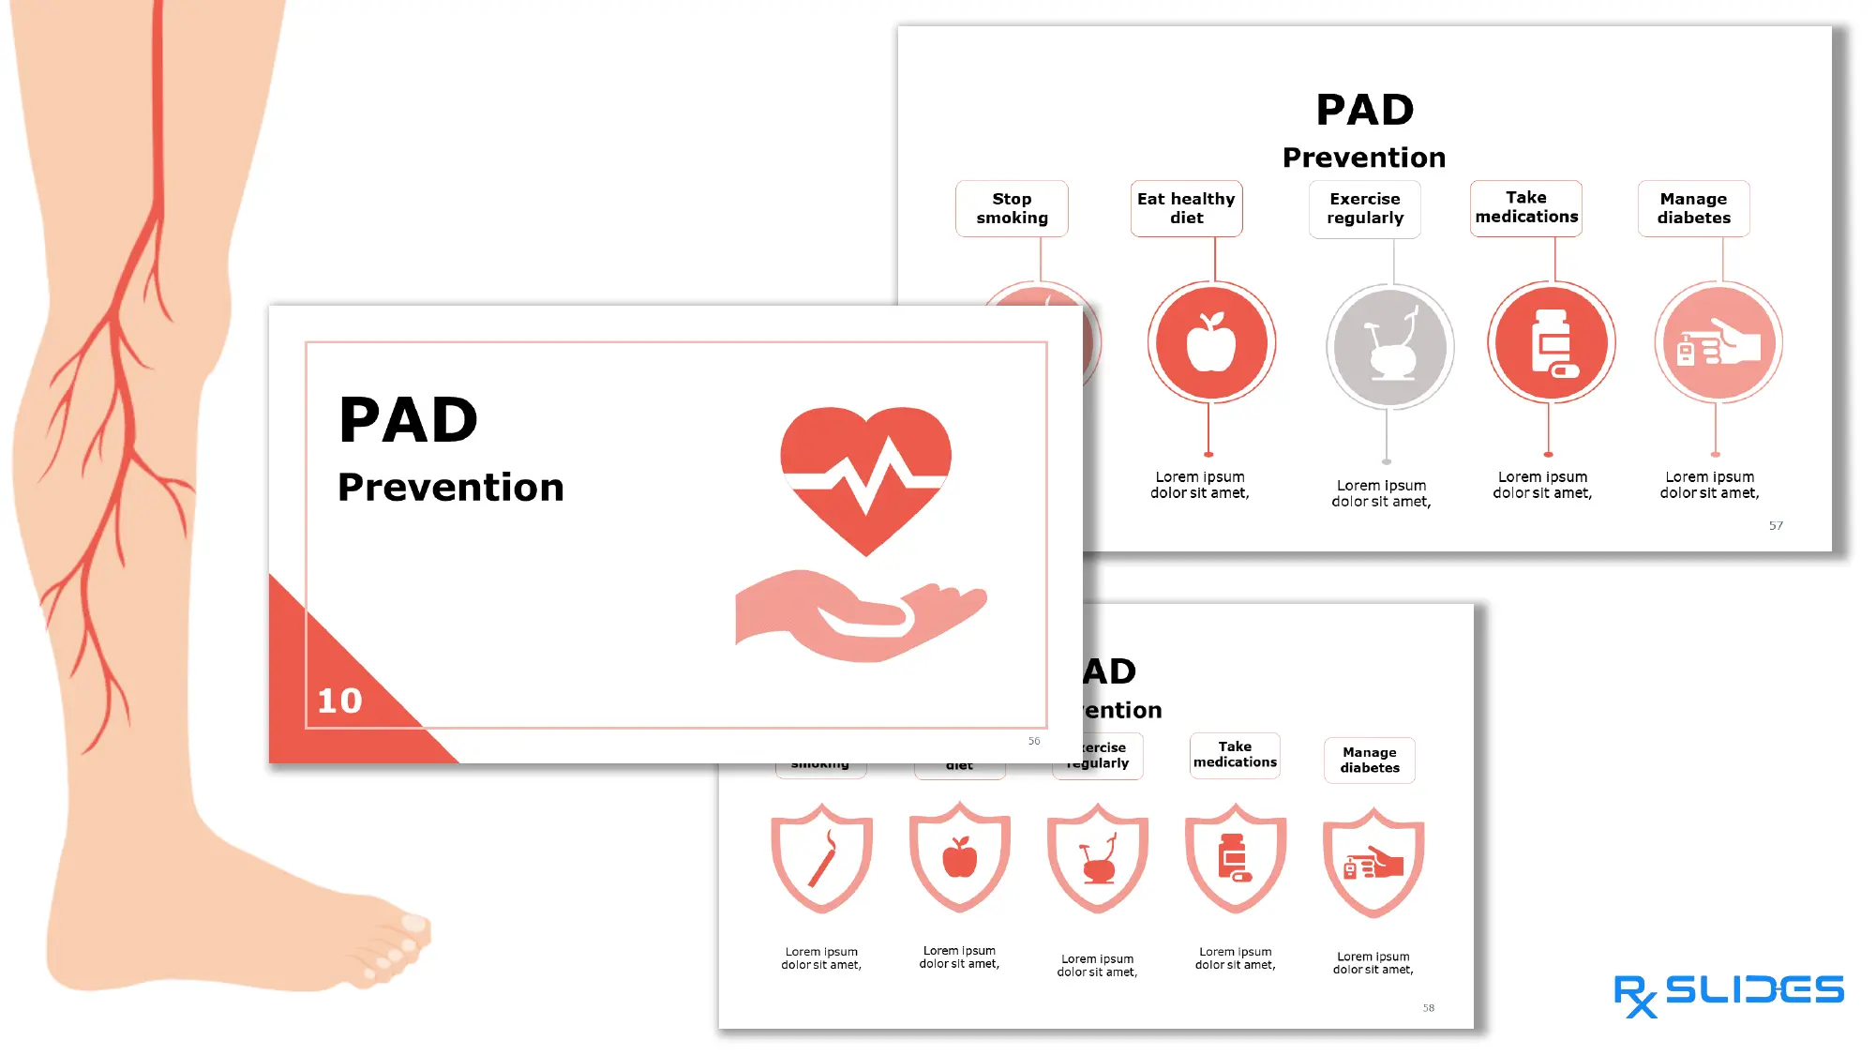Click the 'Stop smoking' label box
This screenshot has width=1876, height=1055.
click(1012, 208)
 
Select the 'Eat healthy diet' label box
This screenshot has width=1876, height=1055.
click(1186, 208)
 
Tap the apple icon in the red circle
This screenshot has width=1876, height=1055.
click(1211, 342)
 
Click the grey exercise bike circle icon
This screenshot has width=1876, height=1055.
click(1389, 347)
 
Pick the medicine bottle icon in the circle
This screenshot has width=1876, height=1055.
click(1552, 343)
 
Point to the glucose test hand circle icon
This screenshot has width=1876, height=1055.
click(1718, 343)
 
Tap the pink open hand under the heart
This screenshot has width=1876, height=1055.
click(858, 615)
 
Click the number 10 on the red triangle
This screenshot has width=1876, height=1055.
click(339, 701)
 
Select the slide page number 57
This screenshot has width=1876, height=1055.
click(1776, 526)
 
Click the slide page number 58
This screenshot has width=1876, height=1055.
click(1428, 1008)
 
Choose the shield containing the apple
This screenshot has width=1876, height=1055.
click(959, 856)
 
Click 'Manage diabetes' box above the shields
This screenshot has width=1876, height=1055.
click(1370, 760)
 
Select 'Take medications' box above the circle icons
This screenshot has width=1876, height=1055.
click(1526, 207)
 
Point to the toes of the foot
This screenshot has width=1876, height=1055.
click(398, 942)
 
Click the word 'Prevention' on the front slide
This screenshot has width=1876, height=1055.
click(451, 488)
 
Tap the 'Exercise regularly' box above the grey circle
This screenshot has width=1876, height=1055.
click(1365, 208)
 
